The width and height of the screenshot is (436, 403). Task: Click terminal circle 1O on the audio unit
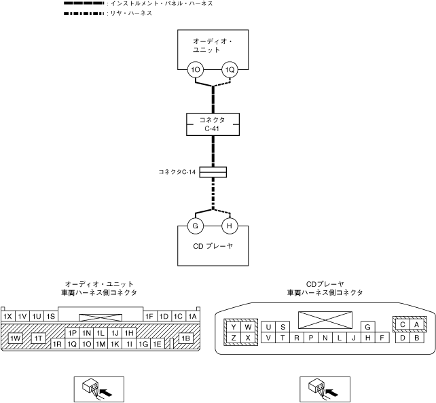click(196, 69)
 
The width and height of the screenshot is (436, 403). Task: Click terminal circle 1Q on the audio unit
click(230, 69)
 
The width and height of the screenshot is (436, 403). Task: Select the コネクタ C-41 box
click(215, 123)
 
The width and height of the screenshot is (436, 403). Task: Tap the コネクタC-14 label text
click(177, 172)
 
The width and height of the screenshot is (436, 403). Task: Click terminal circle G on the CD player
click(196, 226)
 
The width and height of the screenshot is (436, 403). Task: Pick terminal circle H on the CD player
click(230, 226)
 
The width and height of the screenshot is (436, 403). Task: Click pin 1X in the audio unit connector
click(8, 316)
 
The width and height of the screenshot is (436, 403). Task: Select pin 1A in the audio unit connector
click(192, 316)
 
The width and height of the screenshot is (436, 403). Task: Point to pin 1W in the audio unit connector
click(16, 338)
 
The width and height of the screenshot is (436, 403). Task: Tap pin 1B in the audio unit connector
click(185, 338)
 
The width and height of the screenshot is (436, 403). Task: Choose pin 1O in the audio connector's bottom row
click(86, 344)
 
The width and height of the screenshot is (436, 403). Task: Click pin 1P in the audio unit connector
click(72, 333)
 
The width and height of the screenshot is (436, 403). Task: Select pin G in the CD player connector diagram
click(367, 327)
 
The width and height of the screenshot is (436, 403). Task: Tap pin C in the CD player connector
click(403, 324)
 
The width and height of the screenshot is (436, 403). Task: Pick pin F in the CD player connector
click(383, 338)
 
